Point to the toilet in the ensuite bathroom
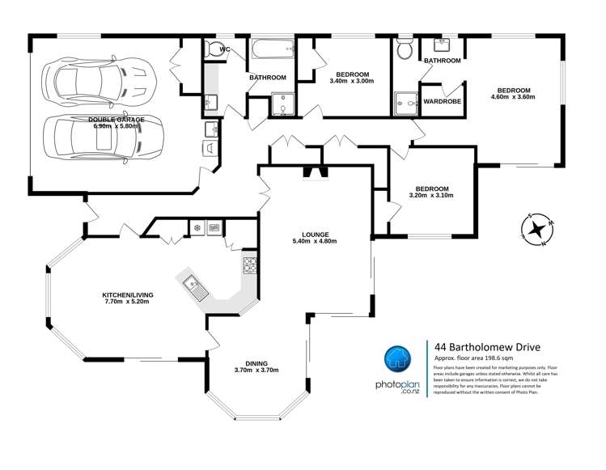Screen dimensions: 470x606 click(405, 50)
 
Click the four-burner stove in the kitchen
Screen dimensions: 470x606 click(249, 265)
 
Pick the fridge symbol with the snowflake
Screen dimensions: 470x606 click(196, 228)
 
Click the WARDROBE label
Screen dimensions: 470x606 click(442, 102)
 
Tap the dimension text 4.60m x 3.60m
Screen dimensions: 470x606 click(513, 97)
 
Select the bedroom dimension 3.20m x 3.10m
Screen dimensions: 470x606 click(431, 195)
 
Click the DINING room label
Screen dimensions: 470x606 click(256, 363)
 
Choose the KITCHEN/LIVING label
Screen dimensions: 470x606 click(125, 294)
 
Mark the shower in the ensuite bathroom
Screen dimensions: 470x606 click(403, 102)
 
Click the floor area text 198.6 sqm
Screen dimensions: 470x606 click(493, 358)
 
